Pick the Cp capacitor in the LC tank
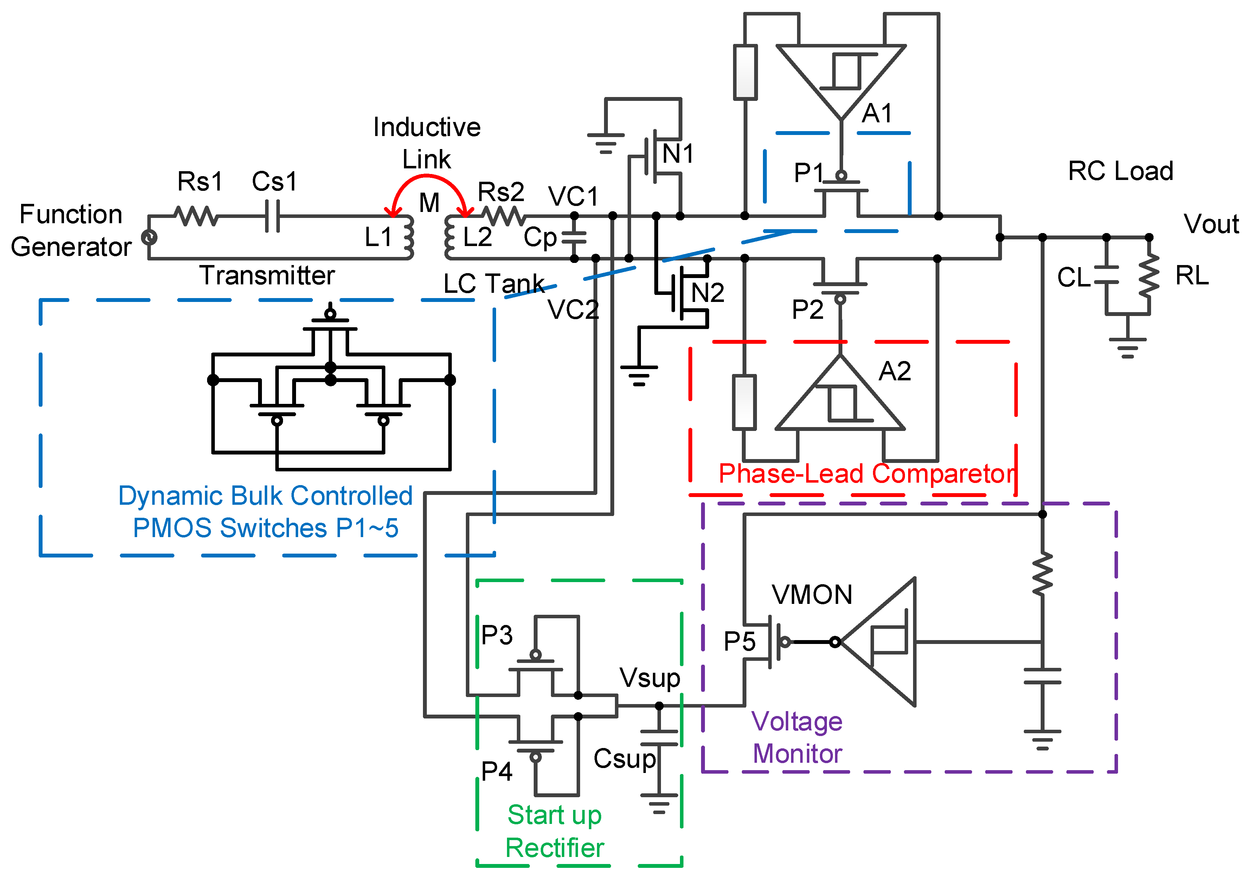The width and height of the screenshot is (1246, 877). click(574, 237)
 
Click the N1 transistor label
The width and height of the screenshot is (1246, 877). click(678, 154)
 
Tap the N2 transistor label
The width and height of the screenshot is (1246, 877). click(707, 293)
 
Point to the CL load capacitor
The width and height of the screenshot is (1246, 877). click(1106, 275)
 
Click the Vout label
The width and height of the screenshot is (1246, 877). click(1211, 224)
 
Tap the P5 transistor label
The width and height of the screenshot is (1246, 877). click(739, 641)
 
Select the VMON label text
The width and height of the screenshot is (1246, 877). click(812, 595)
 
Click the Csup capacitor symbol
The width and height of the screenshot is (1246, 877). click(659, 738)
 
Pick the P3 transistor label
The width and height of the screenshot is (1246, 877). click(496, 635)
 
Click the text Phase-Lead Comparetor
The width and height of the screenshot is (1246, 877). click(867, 474)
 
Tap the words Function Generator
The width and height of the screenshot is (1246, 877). click(71, 231)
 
